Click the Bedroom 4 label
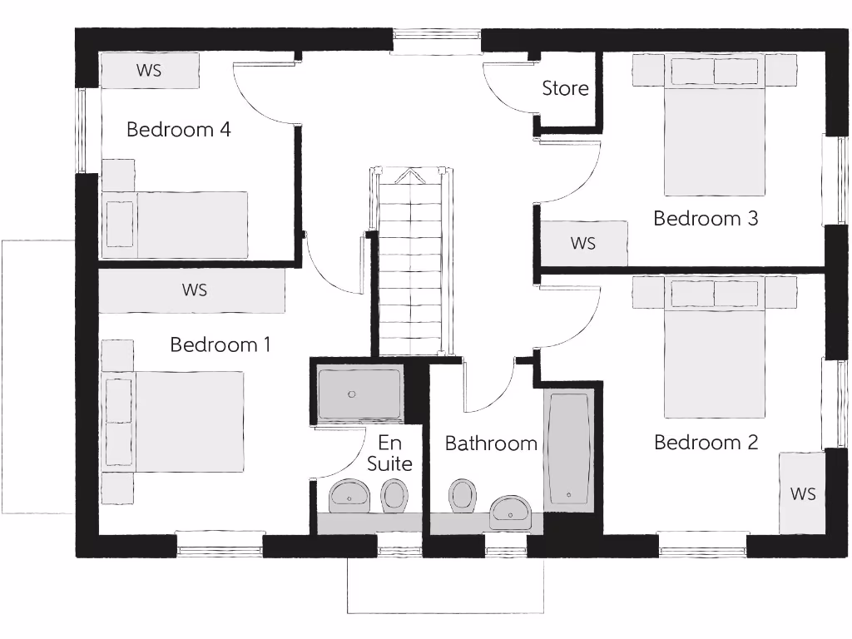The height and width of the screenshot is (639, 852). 178,130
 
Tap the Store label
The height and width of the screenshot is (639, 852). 565,88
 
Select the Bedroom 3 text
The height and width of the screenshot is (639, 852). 706,219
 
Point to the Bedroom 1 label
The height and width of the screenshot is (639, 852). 220,344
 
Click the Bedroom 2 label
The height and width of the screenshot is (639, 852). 706,443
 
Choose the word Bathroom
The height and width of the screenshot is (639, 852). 491,443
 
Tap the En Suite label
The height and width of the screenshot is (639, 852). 389,453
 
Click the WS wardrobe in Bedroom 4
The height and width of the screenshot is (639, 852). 150,71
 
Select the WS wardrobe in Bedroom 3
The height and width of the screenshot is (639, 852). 583,244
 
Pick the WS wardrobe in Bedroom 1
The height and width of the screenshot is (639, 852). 193,290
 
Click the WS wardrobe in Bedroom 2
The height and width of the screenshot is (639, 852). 802,493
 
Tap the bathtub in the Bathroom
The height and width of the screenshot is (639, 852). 568,448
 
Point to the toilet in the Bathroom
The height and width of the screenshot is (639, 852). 462,495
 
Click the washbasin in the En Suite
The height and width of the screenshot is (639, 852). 349,497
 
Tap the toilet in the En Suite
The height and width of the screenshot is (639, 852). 394,497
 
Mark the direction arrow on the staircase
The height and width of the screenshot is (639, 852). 409,176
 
